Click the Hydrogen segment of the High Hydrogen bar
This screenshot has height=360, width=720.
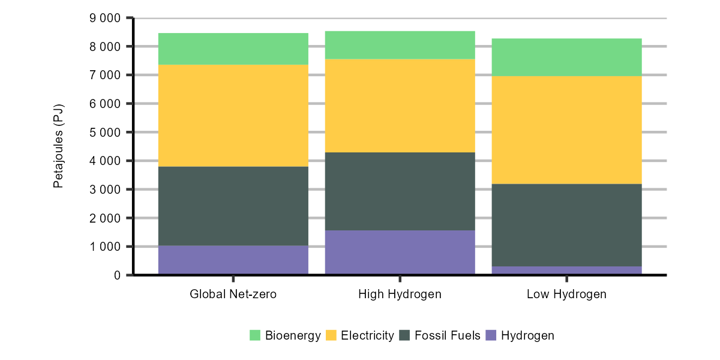point(400,253)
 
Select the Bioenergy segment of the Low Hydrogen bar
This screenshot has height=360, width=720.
point(566,57)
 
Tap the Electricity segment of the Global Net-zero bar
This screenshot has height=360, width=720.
point(233,115)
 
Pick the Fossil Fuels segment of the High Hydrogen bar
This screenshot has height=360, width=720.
point(400,191)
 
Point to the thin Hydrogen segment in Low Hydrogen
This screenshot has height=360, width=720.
point(566,271)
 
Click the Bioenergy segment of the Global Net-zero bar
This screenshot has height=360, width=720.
point(233,49)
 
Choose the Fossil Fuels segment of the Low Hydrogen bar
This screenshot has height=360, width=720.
point(566,225)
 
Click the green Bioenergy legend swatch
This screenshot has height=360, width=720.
point(255,335)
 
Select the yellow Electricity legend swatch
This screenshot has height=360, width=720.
point(331,335)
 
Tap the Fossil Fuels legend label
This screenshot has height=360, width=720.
point(448,335)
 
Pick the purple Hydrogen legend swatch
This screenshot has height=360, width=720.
point(491,335)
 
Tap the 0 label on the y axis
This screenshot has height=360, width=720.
point(117,275)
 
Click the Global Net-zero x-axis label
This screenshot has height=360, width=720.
point(233,295)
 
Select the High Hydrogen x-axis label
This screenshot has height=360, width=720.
point(400,295)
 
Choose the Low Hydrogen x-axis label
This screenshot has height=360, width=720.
point(566,295)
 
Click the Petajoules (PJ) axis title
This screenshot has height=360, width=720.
point(58,146)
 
